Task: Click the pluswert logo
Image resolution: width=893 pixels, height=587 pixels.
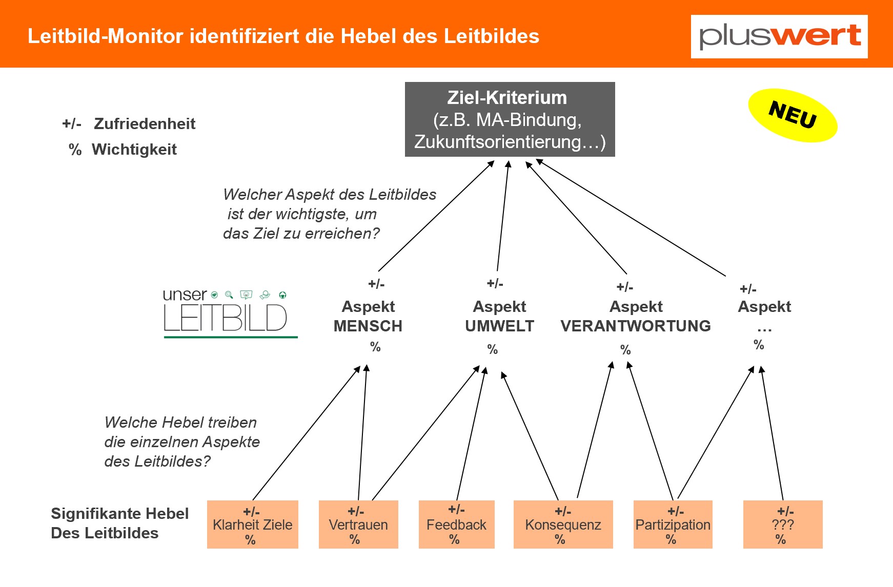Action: click(x=779, y=36)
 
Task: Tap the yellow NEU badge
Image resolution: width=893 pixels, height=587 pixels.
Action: click(x=793, y=115)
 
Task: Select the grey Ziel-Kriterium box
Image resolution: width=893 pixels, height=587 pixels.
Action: click(x=510, y=119)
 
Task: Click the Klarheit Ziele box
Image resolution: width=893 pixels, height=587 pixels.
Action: click(x=253, y=525)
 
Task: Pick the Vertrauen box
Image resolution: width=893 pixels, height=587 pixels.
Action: click(x=358, y=525)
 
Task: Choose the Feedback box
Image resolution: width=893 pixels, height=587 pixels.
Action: click(x=457, y=525)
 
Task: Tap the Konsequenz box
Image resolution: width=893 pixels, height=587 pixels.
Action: click(x=563, y=525)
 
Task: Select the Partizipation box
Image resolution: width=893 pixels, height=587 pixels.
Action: click(x=673, y=525)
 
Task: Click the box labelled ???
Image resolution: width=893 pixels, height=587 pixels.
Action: click(x=783, y=525)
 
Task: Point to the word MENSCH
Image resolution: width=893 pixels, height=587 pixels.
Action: click(x=368, y=326)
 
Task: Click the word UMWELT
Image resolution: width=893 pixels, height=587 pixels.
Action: click(x=500, y=326)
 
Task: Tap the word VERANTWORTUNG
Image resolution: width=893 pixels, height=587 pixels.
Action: click(x=636, y=326)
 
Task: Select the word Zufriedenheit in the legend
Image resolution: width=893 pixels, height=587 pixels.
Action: click(x=145, y=123)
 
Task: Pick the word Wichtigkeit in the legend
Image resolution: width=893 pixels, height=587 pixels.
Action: click(x=134, y=149)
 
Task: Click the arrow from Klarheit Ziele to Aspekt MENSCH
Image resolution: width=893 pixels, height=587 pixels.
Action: click(x=307, y=433)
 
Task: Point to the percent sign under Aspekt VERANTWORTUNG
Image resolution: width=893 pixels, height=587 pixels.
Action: click(x=625, y=350)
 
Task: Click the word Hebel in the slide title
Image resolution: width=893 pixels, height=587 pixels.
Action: click(x=369, y=36)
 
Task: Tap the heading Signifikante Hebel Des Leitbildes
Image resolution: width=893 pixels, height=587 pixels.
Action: click(x=120, y=523)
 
